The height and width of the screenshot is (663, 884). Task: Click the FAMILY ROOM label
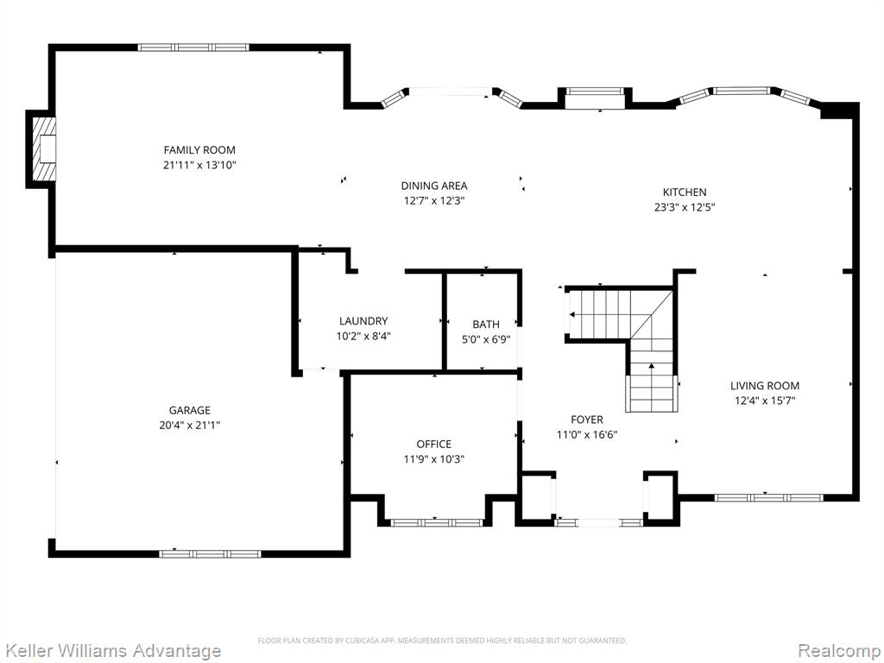[199, 150]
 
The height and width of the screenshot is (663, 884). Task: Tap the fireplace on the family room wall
[44, 148]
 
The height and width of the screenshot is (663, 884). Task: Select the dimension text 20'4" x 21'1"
[189, 425]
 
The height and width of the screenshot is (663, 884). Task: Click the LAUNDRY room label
[363, 321]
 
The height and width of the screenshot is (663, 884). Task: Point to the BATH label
[486, 325]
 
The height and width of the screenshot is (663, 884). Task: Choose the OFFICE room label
[434, 445]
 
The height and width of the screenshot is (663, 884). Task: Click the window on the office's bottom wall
[437, 522]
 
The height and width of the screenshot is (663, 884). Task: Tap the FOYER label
[587, 420]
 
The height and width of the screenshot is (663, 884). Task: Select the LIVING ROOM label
[765, 386]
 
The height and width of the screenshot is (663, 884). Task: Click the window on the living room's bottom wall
[768, 497]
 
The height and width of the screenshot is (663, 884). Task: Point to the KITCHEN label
[685, 192]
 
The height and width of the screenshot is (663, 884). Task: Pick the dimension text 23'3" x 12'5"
[685, 207]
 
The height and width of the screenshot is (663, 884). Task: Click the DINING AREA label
[434, 186]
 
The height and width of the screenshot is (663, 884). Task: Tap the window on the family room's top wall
[193, 47]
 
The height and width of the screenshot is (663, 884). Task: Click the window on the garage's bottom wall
[211, 553]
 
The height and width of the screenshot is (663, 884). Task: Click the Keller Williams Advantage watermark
[111, 651]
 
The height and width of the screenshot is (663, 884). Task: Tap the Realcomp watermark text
[839, 651]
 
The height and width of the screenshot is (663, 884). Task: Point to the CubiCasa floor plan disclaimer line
[442, 641]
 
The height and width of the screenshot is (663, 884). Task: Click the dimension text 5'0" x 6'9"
[486, 339]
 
